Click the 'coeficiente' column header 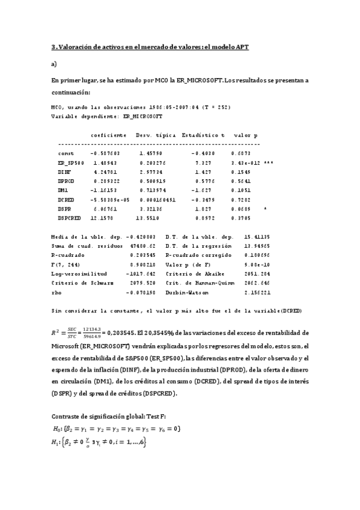coord(108,135)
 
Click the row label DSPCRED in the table coord(69,217)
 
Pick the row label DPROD coord(66,180)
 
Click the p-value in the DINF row coord(242,171)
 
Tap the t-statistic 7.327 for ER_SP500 coord(203,162)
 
